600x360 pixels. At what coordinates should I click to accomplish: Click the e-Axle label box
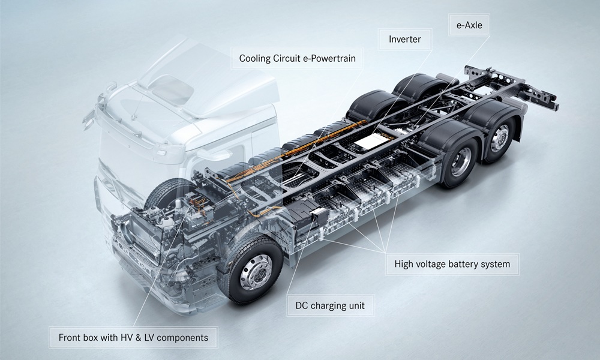point(469,25)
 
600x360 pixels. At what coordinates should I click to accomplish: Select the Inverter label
point(405,39)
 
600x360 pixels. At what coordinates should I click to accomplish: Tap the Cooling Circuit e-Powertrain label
point(297,58)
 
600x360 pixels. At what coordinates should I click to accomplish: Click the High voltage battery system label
point(452,264)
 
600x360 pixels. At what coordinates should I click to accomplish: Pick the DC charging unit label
point(330,305)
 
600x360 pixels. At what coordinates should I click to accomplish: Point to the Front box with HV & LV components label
point(133,337)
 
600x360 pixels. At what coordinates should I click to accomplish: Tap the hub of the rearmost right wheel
point(500,138)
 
